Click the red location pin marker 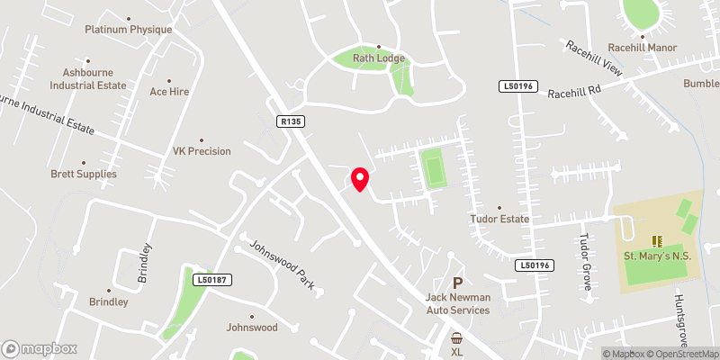coord(360,178)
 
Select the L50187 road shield coord(213,280)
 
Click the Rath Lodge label coord(379,58)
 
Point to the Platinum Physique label coord(129,30)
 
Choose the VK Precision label coord(202,152)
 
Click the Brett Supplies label coord(84,174)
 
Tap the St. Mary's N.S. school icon coord(657,241)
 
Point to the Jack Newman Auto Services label coord(457,303)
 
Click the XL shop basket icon coord(457,338)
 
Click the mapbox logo coord(40,348)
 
